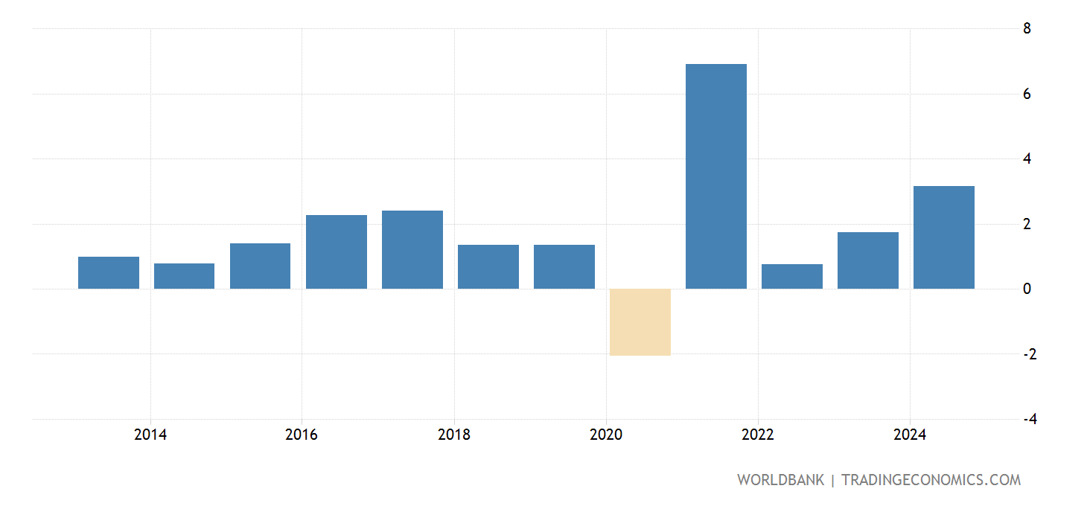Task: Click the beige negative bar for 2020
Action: [640, 321]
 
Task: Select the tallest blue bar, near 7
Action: [715, 176]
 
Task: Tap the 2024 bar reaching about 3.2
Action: [943, 237]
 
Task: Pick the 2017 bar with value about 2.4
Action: [412, 249]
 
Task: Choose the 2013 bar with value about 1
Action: [109, 272]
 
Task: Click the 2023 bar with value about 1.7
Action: [867, 260]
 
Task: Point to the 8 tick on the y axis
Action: [1027, 29]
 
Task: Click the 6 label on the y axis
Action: [1027, 94]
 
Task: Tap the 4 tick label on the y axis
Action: [1027, 158]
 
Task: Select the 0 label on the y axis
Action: [1027, 289]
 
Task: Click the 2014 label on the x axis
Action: [150, 435]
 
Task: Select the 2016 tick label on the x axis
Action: [301, 435]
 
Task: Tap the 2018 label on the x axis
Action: [453, 435]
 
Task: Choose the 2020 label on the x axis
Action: [605, 435]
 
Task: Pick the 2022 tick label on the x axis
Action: [757, 435]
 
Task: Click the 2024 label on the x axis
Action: [909, 435]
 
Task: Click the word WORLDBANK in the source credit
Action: [780, 480]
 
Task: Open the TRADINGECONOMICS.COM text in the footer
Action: [931, 480]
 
